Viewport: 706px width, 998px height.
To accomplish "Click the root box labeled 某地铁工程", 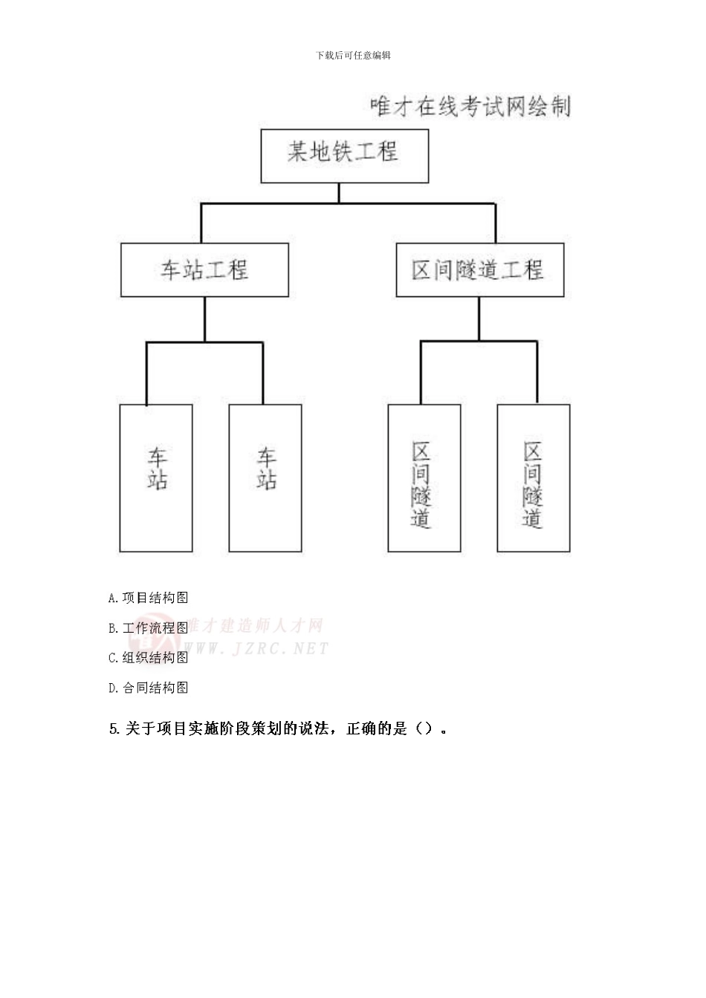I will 344,155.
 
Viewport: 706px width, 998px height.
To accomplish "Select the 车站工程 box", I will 204,270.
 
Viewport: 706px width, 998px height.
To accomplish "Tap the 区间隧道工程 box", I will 479,270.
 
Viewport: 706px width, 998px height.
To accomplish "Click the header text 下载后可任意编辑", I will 353,56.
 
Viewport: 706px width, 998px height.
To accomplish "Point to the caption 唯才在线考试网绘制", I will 470,107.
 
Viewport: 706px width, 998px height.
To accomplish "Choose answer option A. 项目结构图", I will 148,598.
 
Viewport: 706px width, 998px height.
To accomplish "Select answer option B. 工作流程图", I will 148,628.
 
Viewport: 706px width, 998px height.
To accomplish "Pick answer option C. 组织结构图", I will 148,658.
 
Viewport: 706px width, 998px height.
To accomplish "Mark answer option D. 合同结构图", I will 148,688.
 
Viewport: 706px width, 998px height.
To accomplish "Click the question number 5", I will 114,729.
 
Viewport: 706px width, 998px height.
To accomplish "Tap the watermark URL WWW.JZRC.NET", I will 260,649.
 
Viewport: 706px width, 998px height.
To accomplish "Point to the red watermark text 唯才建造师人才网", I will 256,626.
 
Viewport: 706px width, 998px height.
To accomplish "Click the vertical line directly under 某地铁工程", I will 339,192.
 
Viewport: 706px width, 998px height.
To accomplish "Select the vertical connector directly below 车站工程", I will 205,319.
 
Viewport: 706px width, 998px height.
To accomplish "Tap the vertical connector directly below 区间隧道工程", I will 479,319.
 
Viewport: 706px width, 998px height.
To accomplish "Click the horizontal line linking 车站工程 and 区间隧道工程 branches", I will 348,203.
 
